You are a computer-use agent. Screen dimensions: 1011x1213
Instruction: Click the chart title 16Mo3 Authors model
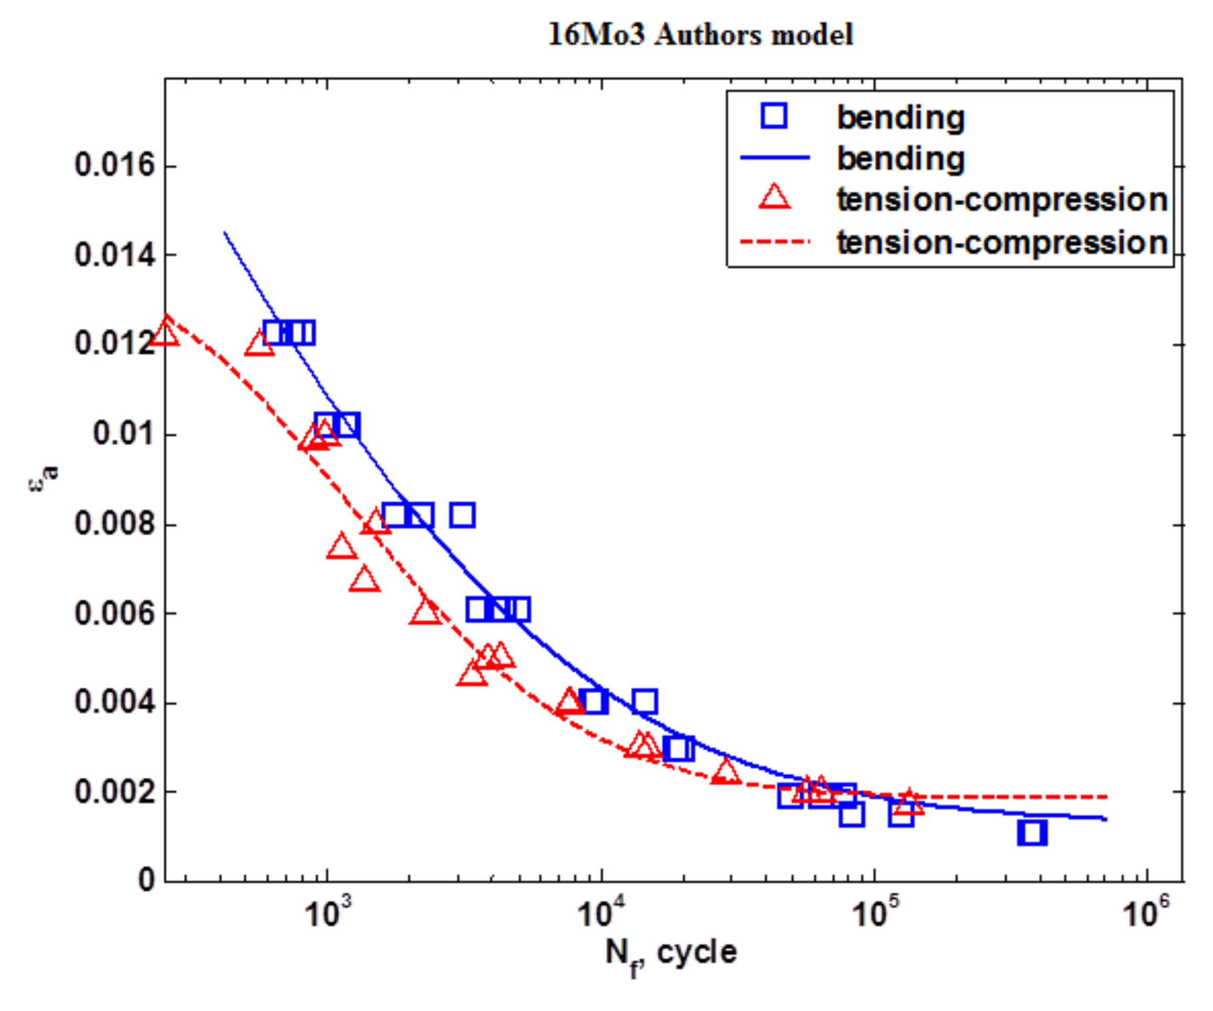click(x=700, y=35)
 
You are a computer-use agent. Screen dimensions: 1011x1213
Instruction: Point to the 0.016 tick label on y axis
click(x=115, y=165)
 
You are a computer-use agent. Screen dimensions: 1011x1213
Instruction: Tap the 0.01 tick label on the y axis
click(x=124, y=434)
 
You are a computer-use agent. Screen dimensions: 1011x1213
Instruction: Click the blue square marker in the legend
click(x=774, y=116)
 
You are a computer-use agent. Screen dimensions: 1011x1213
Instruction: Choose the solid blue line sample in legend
click(x=775, y=157)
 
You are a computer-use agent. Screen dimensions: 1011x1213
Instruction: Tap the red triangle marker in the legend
click(x=774, y=197)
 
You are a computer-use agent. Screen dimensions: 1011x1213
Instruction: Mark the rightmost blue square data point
click(x=1032, y=832)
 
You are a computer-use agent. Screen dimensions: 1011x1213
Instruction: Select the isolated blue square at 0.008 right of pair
click(x=463, y=514)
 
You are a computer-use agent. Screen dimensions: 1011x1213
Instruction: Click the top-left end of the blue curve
click(x=225, y=232)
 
